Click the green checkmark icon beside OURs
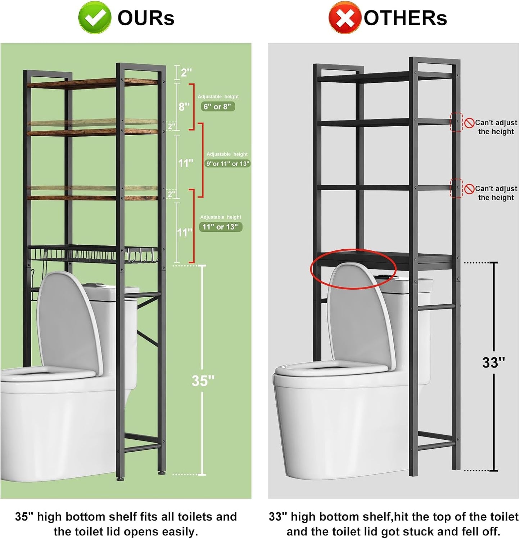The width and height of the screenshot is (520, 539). (94, 18)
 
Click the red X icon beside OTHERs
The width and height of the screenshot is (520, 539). (344, 18)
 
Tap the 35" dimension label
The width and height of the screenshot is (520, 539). (203, 381)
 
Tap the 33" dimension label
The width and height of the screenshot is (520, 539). (493, 363)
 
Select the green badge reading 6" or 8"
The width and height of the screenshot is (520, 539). (218, 107)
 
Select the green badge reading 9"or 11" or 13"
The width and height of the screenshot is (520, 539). (227, 164)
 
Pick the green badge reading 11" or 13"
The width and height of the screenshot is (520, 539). (220, 227)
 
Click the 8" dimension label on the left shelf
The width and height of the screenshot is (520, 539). (184, 107)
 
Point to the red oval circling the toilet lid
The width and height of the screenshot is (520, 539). (353, 268)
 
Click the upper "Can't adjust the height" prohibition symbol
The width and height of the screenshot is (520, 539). (469, 123)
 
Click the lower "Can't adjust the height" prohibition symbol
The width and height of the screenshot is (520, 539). (469, 189)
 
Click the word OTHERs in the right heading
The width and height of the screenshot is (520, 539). (405, 18)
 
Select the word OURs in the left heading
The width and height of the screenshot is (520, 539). (146, 18)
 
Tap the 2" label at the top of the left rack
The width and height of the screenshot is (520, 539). (186, 73)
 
